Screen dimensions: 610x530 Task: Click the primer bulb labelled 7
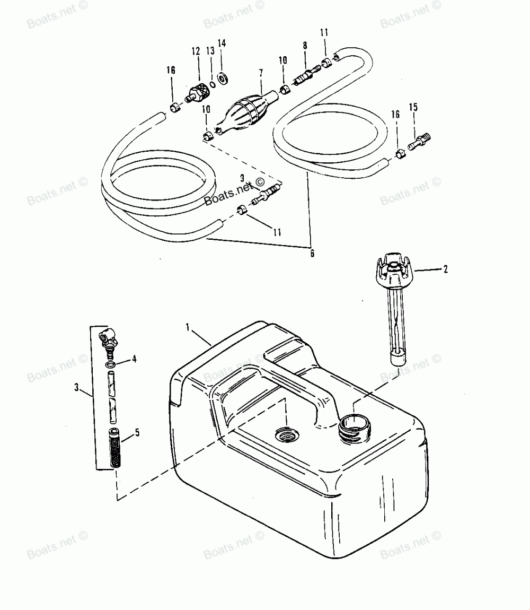tap(244, 112)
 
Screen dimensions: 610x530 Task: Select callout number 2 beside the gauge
tap(445, 269)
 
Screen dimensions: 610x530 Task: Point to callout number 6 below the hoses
tap(312, 254)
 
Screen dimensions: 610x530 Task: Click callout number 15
tap(413, 108)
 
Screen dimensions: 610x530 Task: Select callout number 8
tap(305, 46)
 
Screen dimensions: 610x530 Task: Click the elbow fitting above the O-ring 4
tap(110, 336)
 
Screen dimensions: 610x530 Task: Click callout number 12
tap(196, 51)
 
